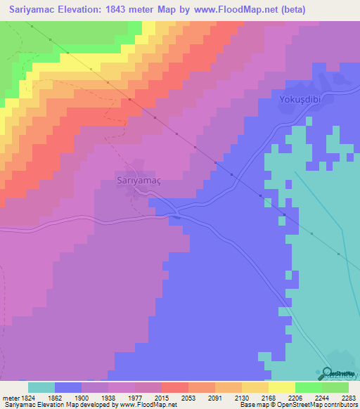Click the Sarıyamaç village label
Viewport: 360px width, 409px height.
[x=139, y=181]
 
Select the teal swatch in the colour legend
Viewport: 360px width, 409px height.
[x=41, y=387]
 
